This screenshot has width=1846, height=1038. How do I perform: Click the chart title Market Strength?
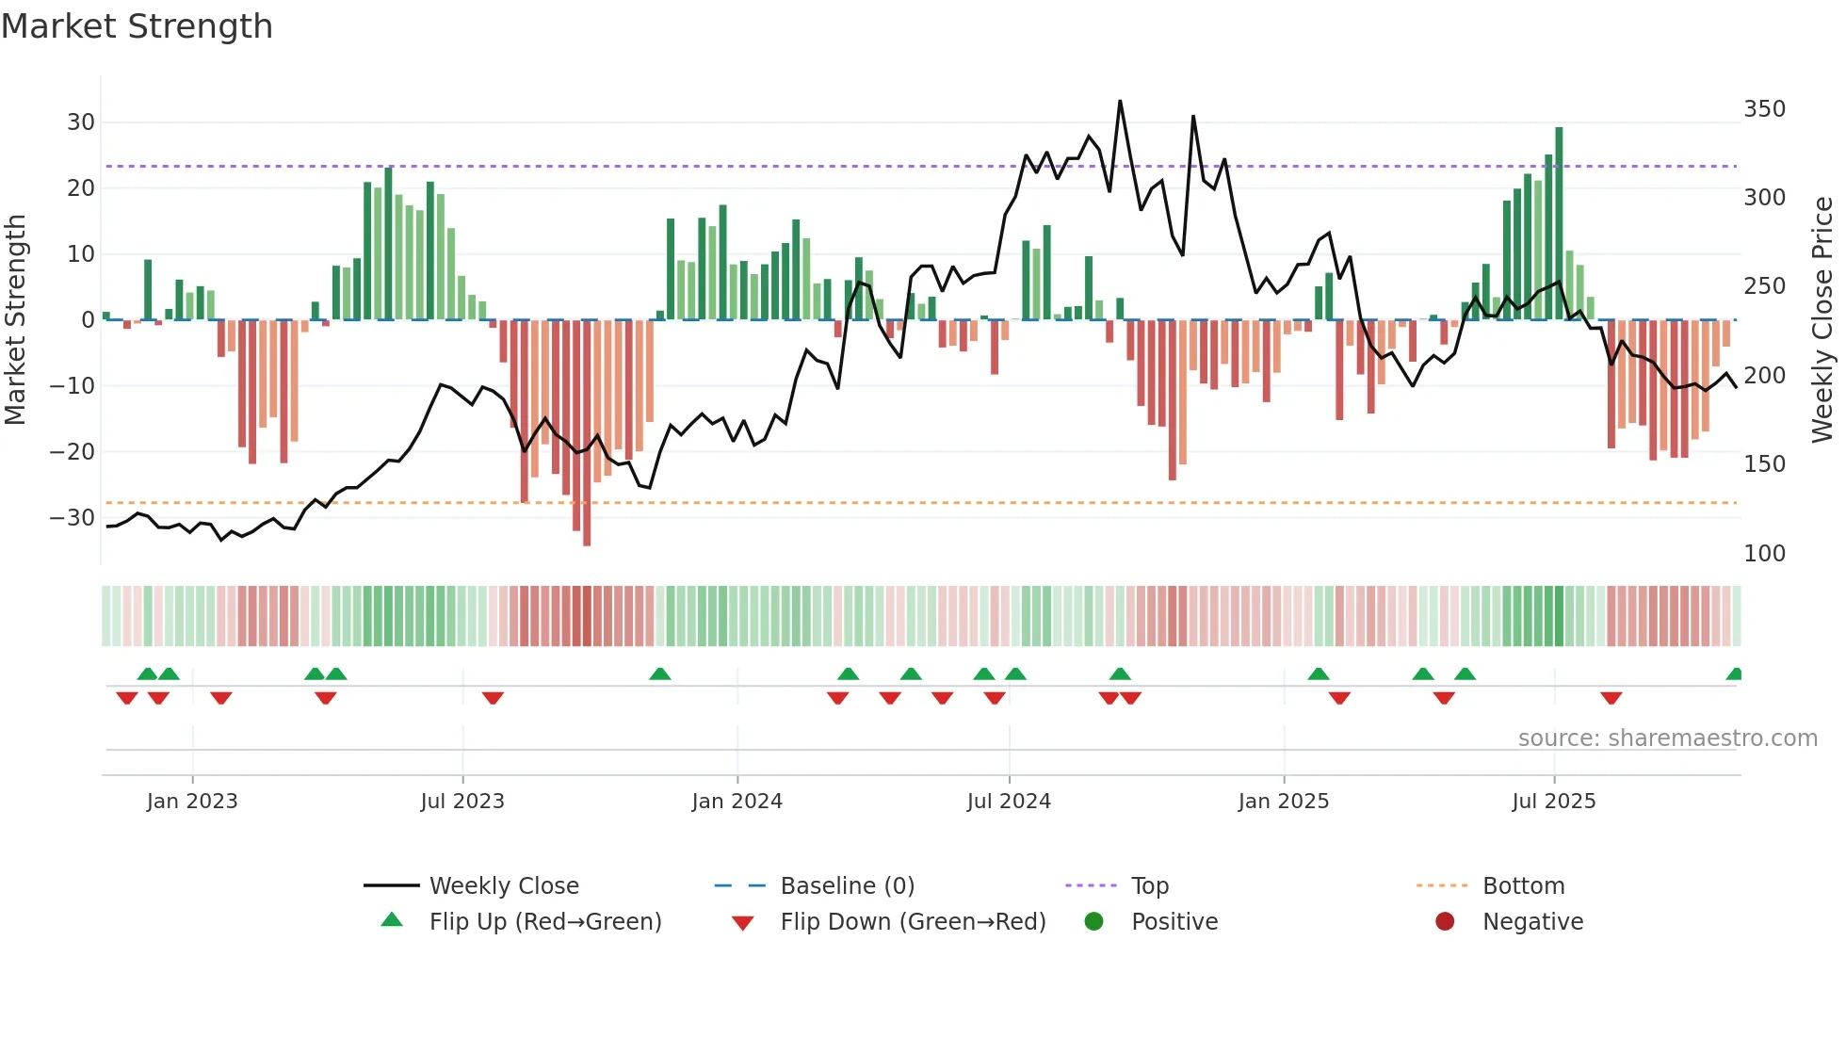(138, 26)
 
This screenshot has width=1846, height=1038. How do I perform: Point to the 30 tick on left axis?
(81, 122)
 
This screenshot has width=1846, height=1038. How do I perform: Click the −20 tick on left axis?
(73, 452)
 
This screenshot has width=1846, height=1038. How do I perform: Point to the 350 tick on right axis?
(1764, 109)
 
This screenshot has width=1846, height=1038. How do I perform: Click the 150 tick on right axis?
(1764, 464)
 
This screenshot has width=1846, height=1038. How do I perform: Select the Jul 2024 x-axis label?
(1009, 802)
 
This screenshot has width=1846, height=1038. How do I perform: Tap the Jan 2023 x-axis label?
(192, 802)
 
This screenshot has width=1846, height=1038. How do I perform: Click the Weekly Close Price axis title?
(1822, 320)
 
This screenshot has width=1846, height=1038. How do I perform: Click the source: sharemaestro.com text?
(1667, 738)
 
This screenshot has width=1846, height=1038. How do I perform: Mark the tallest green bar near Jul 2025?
(1559, 223)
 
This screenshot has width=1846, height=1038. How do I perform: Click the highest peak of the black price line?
(1120, 101)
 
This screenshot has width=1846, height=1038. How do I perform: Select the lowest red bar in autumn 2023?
(587, 433)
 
